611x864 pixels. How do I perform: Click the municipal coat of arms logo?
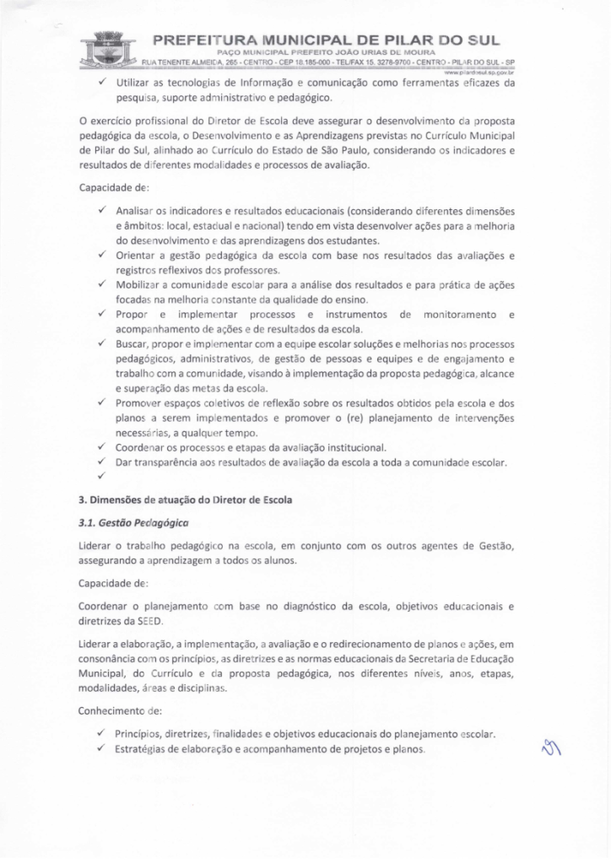[x=108, y=50]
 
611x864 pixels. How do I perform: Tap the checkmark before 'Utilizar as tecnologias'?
[x=102, y=84]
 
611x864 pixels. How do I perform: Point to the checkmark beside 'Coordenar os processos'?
[x=102, y=446]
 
